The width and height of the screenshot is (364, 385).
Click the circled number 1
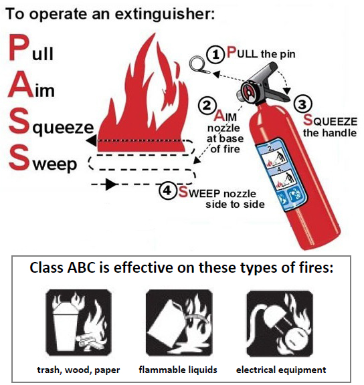pos(215,54)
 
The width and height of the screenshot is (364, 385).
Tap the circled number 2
pos(207,106)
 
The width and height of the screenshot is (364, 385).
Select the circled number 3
pos(302,104)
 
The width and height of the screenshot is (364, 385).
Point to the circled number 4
pos(168,190)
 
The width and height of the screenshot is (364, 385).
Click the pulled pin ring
pos(197,63)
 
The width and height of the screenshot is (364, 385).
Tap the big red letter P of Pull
pos(18,47)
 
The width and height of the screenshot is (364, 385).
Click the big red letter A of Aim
pos(20,84)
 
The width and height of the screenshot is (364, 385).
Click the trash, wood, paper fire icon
pos(79,323)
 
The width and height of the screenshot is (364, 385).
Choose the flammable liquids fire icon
pos(179,323)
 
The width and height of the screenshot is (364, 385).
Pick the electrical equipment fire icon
pos(280,324)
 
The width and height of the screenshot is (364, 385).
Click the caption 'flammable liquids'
pos(178,369)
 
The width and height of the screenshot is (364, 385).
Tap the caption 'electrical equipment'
pos(281,370)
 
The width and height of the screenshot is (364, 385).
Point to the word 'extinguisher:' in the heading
pos(165,14)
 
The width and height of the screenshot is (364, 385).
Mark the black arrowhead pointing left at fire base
pos(91,140)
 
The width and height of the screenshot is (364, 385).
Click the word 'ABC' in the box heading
pos(81,267)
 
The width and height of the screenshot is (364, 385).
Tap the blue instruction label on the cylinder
pos(281,174)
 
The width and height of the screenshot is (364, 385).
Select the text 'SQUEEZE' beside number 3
pos(330,120)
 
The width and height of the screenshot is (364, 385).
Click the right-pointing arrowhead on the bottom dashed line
pos(110,184)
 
